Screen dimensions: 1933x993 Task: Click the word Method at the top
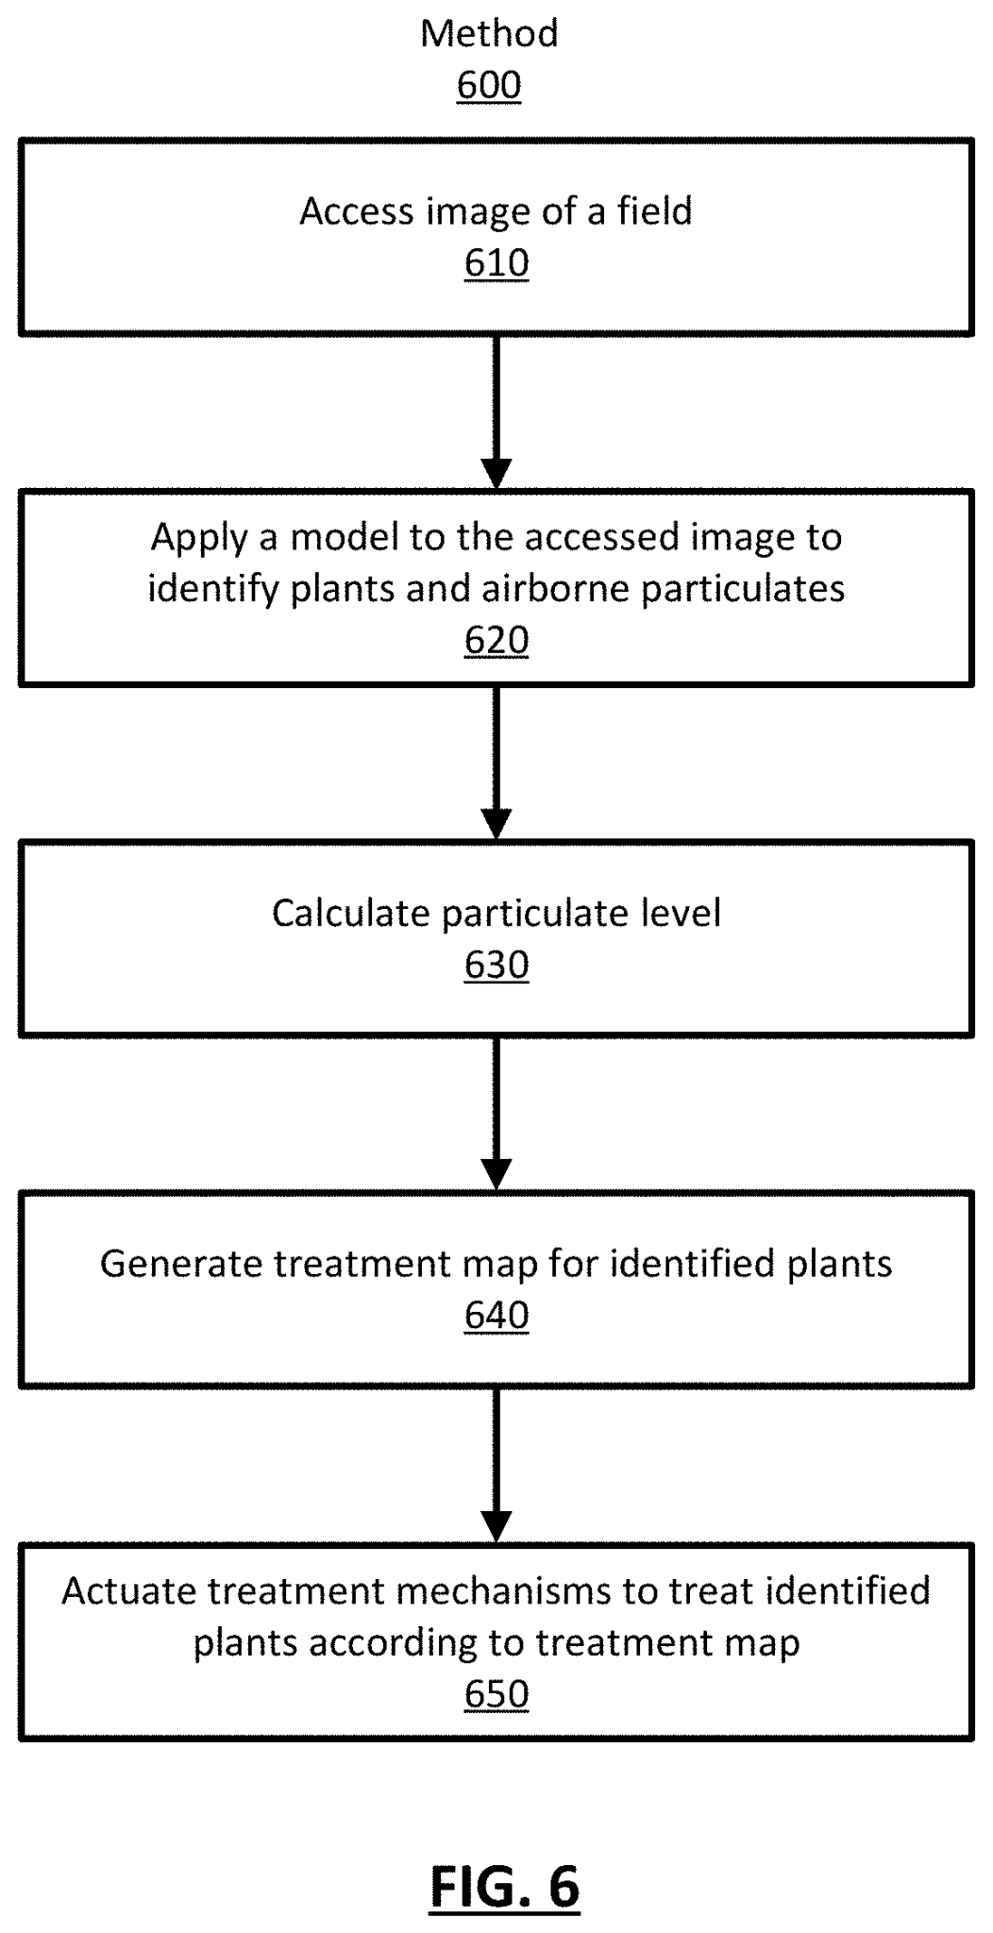coord(489,34)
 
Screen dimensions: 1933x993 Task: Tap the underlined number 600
coord(489,86)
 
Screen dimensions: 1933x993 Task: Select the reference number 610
coord(496,263)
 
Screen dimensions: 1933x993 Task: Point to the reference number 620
coord(496,641)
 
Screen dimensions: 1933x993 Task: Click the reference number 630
coord(496,966)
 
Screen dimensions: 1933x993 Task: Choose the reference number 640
coord(496,1316)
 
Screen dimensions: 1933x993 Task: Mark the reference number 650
coord(496,1694)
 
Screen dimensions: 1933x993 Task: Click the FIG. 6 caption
coord(504,1887)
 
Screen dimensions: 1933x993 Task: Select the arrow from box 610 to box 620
coord(496,412)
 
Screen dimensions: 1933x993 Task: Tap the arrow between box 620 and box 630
coord(496,763)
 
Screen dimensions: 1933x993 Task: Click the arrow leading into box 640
coord(496,1114)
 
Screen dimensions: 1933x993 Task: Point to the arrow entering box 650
coord(496,1465)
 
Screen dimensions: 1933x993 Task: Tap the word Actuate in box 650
coord(129,1591)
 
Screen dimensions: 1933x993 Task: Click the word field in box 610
coord(655,211)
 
